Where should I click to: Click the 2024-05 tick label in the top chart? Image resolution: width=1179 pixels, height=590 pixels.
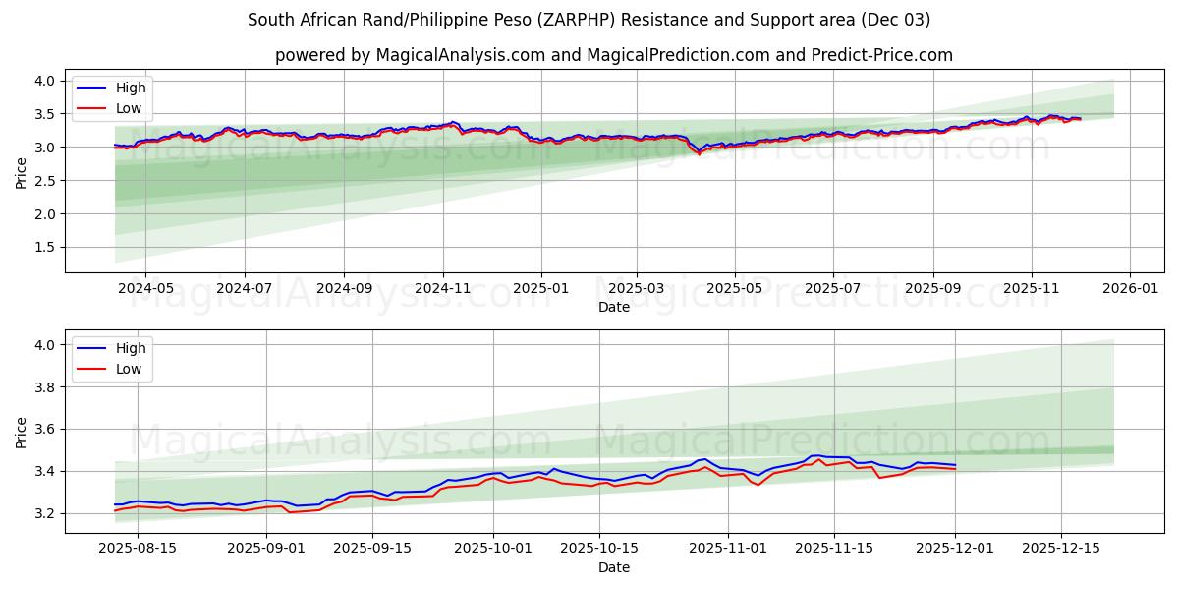click(145, 290)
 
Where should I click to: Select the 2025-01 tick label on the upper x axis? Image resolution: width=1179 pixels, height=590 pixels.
click(541, 290)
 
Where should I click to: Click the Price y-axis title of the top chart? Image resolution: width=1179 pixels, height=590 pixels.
click(22, 172)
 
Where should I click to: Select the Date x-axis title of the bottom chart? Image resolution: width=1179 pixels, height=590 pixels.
click(614, 567)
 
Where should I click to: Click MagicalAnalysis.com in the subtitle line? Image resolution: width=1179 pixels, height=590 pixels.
click(461, 55)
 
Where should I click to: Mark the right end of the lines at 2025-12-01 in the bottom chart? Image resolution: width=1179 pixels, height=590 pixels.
click(955, 466)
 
